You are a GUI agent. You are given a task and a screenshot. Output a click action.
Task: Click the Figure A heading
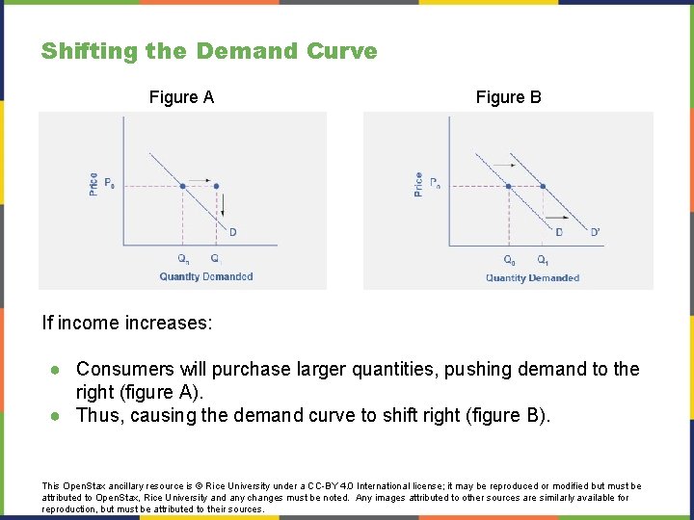[x=181, y=97]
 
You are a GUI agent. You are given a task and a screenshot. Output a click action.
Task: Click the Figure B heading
[x=508, y=97]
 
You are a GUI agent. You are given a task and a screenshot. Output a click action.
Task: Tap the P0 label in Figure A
[x=109, y=184]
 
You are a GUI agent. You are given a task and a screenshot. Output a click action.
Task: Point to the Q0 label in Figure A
[x=183, y=258]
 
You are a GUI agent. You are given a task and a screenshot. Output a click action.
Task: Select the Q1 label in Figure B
[x=544, y=259]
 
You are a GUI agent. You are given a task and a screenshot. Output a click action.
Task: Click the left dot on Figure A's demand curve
[x=182, y=186]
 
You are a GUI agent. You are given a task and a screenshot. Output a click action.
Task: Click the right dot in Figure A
[x=215, y=186]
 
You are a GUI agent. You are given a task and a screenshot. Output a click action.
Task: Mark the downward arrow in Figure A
[x=224, y=205]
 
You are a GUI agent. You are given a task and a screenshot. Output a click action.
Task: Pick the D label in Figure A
[x=232, y=231]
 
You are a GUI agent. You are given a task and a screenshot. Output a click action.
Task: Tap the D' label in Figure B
[x=595, y=231]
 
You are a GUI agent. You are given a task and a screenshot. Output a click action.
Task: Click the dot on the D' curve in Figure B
[x=543, y=186]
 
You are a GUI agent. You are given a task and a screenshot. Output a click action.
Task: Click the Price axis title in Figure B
[x=418, y=184]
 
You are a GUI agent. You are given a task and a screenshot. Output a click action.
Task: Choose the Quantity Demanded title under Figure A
[x=206, y=276]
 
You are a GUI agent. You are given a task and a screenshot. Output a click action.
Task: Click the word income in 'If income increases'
[x=88, y=323]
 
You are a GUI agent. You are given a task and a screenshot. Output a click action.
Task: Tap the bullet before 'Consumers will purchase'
[x=56, y=370]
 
